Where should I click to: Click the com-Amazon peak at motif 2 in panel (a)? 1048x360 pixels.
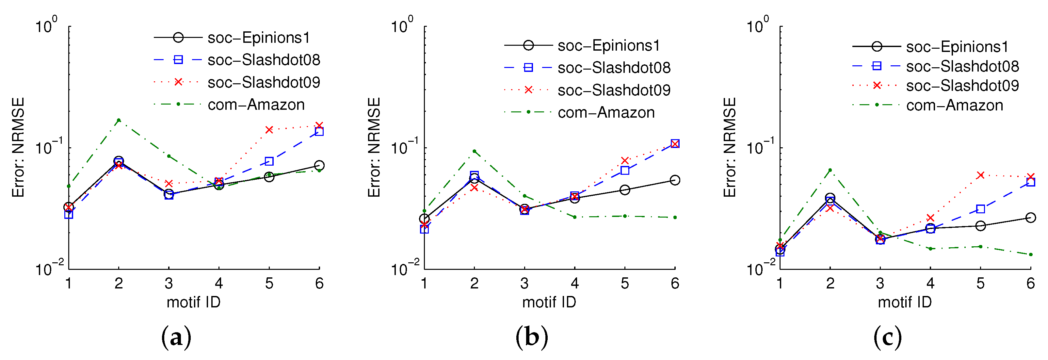pyautogui.click(x=119, y=120)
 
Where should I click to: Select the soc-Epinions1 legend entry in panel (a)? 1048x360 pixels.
pyautogui.click(x=259, y=38)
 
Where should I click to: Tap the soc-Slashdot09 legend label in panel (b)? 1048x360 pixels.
pyautogui.click(x=614, y=90)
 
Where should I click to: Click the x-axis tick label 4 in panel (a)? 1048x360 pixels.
pyautogui.click(x=219, y=283)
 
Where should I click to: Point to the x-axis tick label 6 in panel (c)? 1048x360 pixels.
pyautogui.click(x=1030, y=283)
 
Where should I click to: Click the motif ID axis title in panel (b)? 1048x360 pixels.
pyautogui.click(x=549, y=302)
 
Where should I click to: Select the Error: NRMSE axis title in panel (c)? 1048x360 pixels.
pyautogui.click(x=730, y=147)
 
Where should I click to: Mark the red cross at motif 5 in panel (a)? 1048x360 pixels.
pyautogui.click(x=269, y=130)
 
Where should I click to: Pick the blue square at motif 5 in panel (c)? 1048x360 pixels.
pyautogui.click(x=980, y=209)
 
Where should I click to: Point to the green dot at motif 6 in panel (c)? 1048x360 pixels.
pyautogui.click(x=1030, y=254)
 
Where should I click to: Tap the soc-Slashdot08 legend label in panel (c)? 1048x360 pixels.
pyautogui.click(x=962, y=66)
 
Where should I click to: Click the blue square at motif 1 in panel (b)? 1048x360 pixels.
pyautogui.click(x=424, y=229)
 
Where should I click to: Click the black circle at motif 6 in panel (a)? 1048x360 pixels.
pyautogui.click(x=319, y=166)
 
